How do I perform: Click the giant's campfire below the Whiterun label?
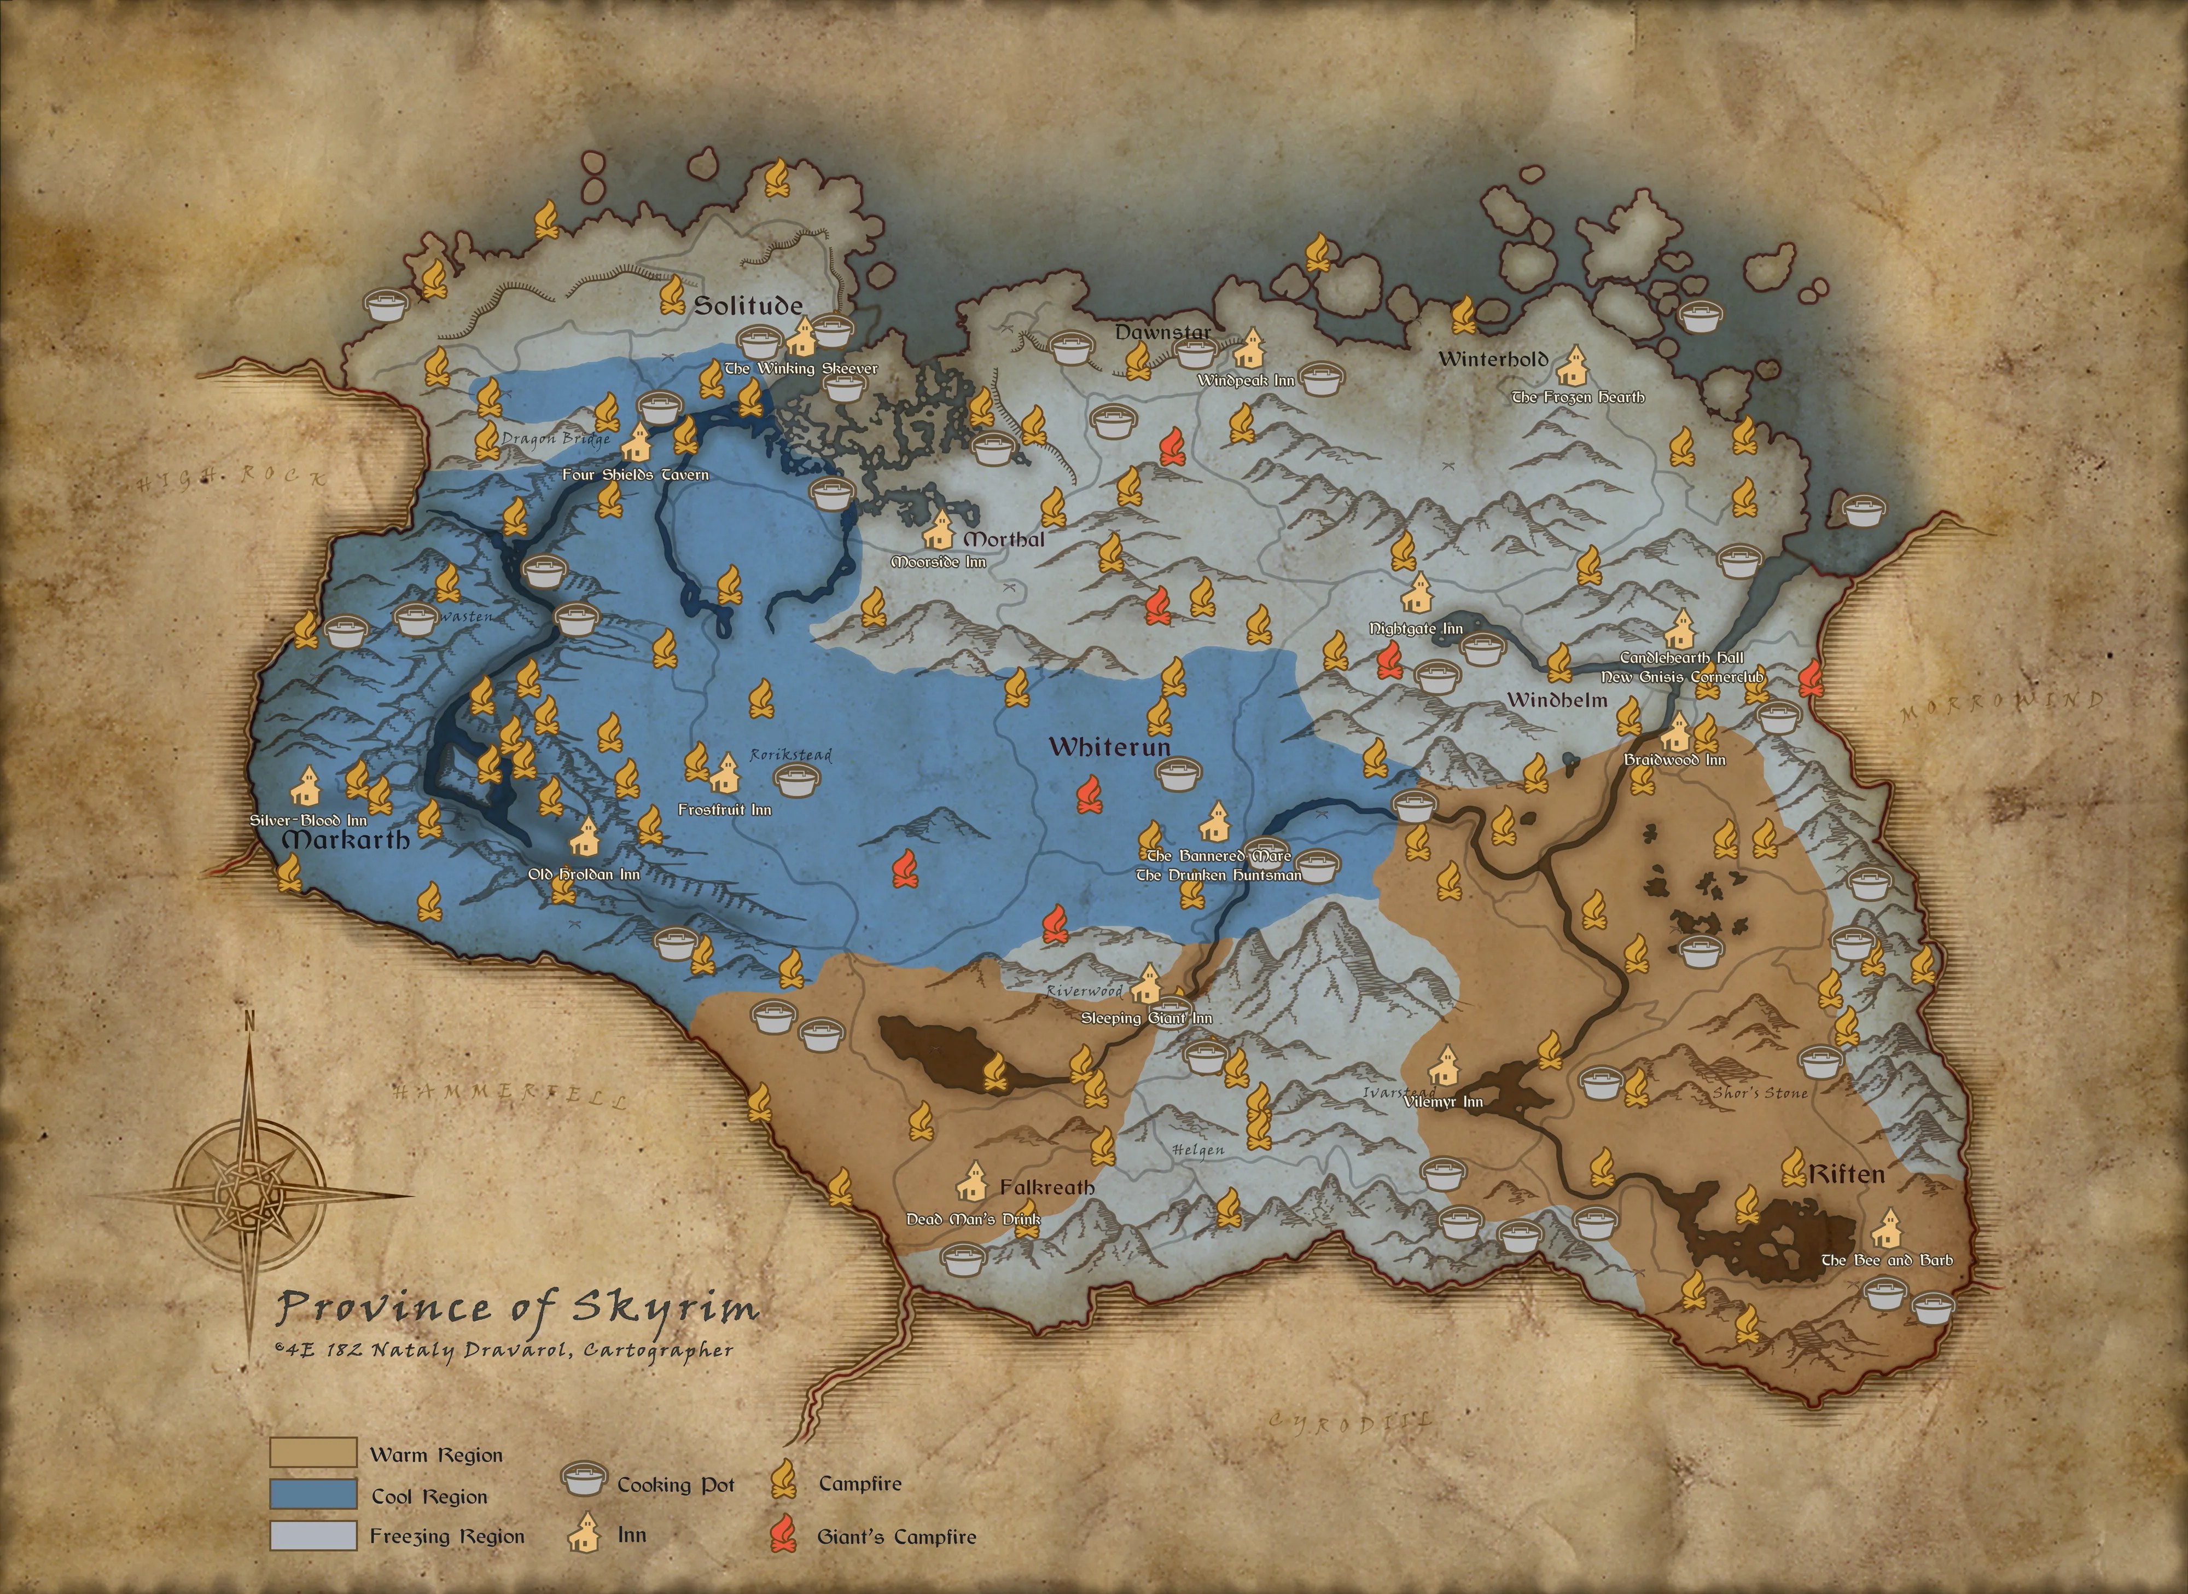1088,794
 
